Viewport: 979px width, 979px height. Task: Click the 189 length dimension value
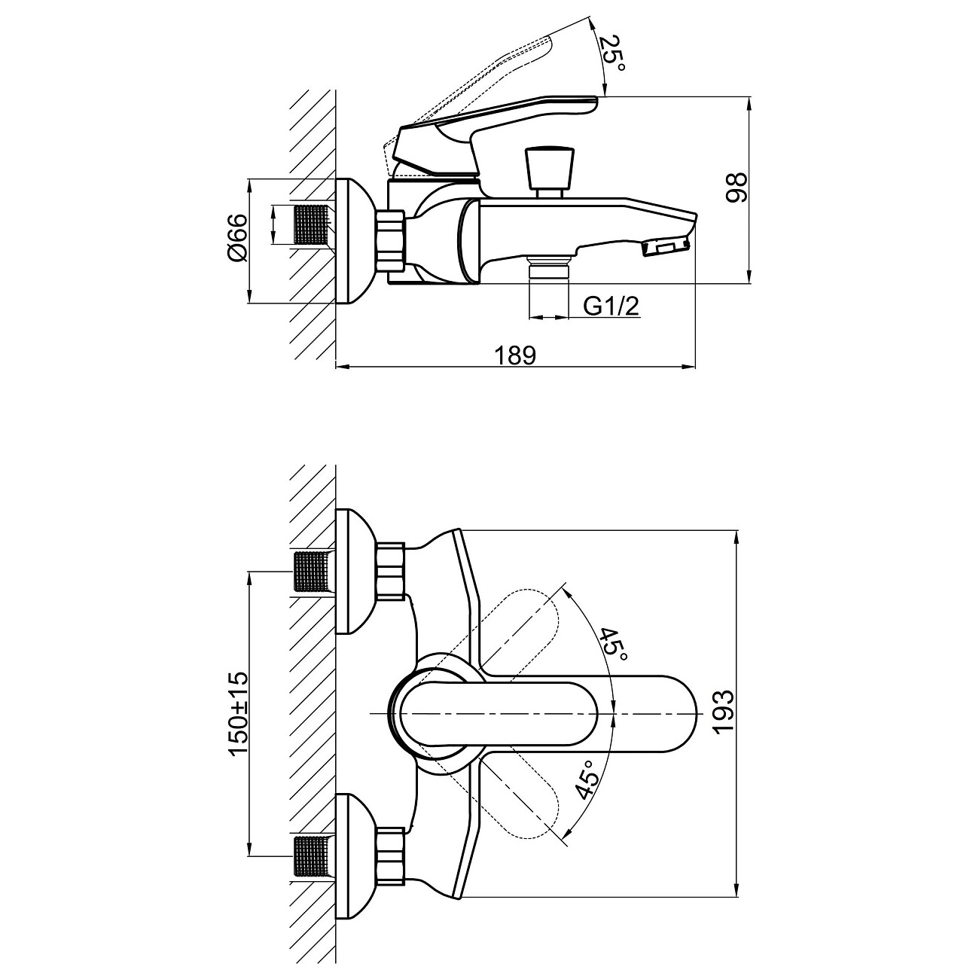click(x=517, y=355)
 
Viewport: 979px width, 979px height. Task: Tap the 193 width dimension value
click(x=721, y=712)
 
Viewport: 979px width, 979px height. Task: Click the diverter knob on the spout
click(x=551, y=169)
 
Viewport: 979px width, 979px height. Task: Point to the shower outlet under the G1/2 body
click(x=547, y=268)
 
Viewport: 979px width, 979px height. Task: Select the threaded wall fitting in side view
click(x=310, y=224)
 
